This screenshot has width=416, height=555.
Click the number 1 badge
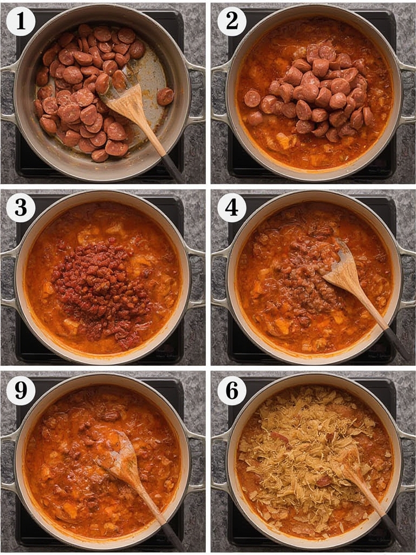[x=21, y=22]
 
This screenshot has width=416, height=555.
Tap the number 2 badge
[x=232, y=22]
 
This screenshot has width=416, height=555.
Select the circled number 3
[x=21, y=208]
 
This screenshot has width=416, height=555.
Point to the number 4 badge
[x=232, y=208]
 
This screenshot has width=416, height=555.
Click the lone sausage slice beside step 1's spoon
[x=165, y=96]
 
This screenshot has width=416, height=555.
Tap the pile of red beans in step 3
[x=103, y=287]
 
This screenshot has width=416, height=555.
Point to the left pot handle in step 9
[x=6, y=461]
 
